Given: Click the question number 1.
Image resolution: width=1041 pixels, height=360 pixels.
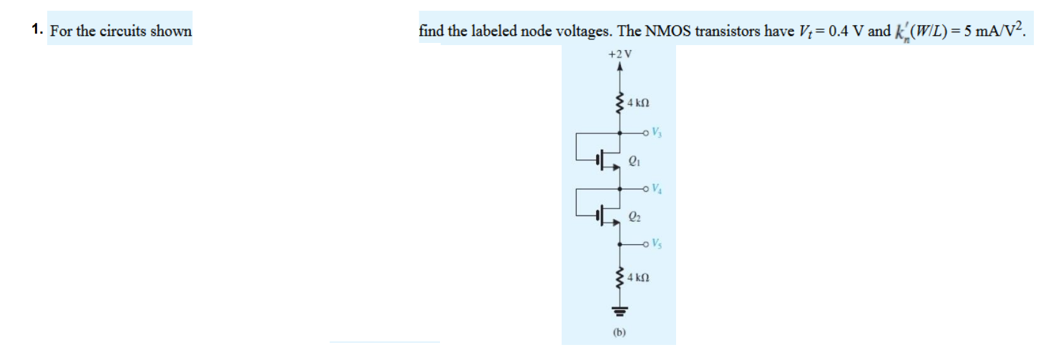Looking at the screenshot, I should (36, 31).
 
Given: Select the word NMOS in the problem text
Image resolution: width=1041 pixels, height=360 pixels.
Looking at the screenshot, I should (666, 31).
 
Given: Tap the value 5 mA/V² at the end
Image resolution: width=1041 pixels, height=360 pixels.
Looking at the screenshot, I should (992, 31).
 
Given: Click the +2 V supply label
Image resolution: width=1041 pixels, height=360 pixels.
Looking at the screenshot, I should (620, 54).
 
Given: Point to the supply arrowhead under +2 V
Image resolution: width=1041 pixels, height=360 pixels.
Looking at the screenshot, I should (620, 69).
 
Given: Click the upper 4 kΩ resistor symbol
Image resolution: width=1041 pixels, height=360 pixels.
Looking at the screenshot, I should (620, 104).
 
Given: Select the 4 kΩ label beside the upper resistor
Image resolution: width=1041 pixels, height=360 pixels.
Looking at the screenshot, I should (638, 104).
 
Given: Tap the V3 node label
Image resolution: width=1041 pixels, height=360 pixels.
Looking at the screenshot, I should (658, 133).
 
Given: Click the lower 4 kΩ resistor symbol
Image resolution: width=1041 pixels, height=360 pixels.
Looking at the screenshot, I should (620, 277).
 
